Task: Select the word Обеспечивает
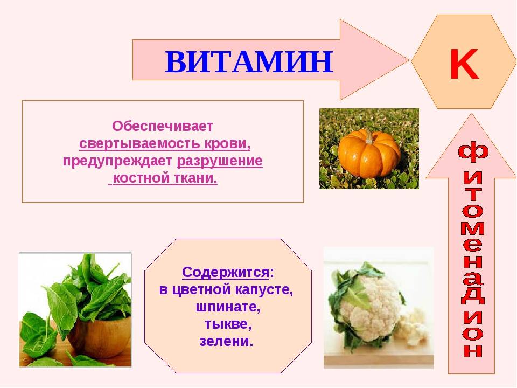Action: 163,127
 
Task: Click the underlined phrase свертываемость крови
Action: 165,144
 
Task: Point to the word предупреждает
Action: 117,161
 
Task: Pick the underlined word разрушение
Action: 220,161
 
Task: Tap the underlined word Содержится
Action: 225,271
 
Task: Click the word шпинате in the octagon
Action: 227,307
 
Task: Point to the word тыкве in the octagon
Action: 227,324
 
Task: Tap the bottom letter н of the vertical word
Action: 472,349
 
